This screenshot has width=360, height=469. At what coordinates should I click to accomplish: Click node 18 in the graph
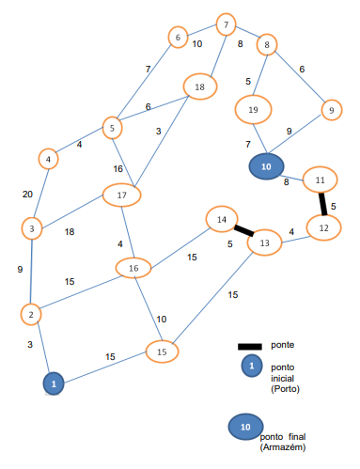pos(199,86)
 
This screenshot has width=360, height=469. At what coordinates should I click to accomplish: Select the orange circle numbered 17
pos(121,195)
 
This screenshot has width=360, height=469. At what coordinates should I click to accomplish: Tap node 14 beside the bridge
pos(222,220)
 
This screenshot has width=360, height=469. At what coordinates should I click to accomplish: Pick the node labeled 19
pos(253,110)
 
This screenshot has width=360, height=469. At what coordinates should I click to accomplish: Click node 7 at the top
pos(226,23)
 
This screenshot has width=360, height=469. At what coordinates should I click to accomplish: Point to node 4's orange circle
pos(48,159)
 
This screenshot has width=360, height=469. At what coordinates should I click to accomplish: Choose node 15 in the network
pos(162,352)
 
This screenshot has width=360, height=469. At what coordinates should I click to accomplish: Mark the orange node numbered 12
pos(323,227)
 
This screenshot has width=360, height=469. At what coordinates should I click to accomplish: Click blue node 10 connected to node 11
pos(265,166)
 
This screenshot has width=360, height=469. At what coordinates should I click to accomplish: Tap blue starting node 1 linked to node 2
pos(55,383)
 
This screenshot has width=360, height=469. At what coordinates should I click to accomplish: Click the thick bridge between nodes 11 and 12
pos(322,203)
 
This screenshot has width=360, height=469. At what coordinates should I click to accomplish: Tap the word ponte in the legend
pos(283,345)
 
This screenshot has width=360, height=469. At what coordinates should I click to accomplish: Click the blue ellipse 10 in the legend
pos(244,427)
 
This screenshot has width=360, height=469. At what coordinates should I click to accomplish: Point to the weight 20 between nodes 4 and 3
pos(28,195)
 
